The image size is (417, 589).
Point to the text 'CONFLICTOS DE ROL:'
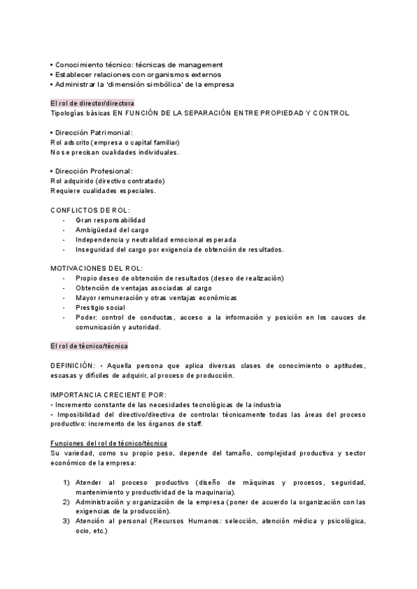click(x=90, y=210)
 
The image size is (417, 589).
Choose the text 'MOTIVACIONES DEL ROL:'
click(x=97, y=268)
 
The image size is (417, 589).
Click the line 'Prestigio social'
click(x=101, y=307)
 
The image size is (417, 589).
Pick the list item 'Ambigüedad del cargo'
click(x=112, y=229)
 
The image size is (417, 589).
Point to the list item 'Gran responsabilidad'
click(x=111, y=219)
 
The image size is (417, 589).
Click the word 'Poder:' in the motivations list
click(x=87, y=317)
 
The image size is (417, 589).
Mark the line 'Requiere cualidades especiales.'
click(x=104, y=190)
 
